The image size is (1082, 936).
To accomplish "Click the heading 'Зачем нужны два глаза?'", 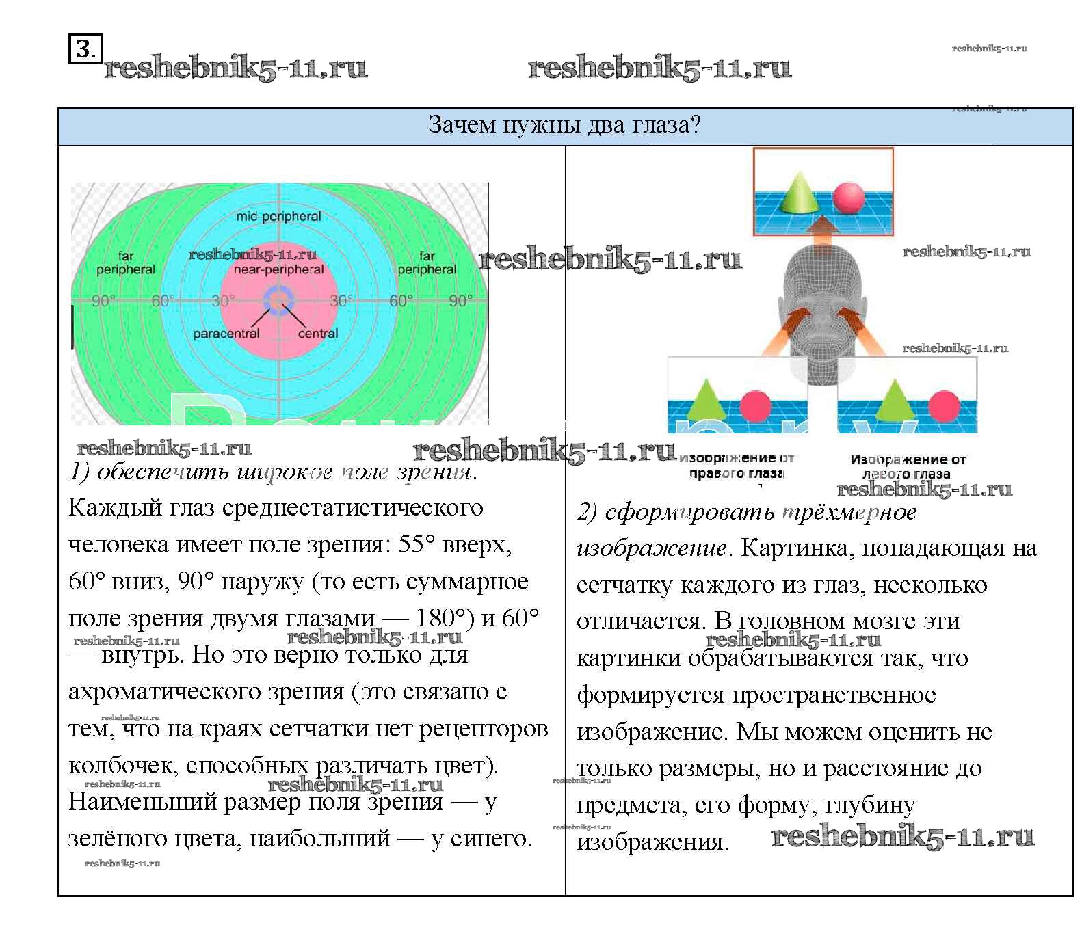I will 564,125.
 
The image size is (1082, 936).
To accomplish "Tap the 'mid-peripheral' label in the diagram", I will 278,217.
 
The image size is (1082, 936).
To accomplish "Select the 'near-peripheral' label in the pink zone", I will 279,269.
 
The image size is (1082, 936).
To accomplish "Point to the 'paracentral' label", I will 226,334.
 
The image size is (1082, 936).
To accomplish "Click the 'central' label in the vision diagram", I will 318,334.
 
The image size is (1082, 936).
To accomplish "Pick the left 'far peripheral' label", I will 126,263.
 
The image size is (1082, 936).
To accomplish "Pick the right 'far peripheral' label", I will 427,263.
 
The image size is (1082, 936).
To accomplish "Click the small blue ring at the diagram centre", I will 278,301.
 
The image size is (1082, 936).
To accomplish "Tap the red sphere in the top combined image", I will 849,197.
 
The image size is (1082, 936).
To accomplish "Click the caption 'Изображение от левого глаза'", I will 907,466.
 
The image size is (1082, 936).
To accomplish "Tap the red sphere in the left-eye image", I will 944,405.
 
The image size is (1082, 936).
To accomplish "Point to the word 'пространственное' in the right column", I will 834,695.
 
